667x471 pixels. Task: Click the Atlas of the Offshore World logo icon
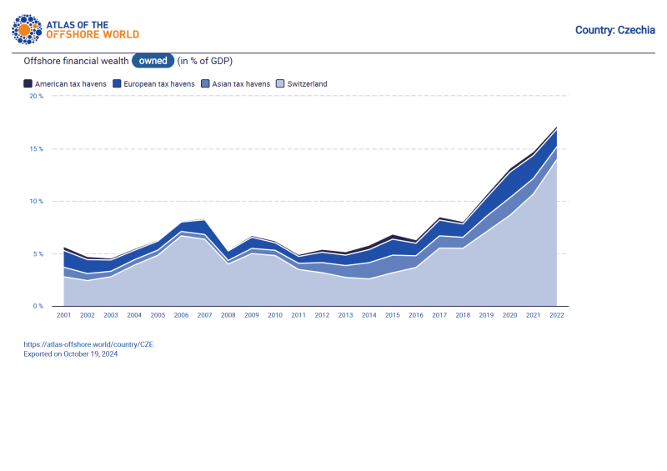click(26, 29)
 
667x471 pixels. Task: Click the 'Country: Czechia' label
click(614, 30)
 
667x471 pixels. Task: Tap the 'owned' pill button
click(153, 61)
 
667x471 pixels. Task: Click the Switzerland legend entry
click(302, 84)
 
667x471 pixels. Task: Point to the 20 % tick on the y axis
click(36, 97)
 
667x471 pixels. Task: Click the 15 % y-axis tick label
click(36, 149)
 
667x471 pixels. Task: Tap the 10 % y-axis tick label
click(36, 202)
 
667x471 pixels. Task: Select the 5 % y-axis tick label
click(38, 254)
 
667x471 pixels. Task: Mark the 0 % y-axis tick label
click(38, 307)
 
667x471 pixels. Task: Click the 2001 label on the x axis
click(63, 315)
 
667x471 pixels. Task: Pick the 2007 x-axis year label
click(204, 315)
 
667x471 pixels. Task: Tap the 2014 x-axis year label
click(369, 315)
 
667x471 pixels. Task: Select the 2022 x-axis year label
click(556, 315)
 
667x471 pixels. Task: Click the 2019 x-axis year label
click(486, 315)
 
